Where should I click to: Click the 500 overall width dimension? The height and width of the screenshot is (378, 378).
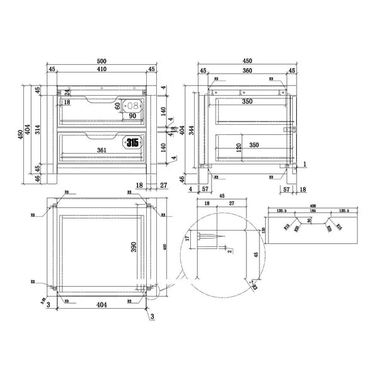pos(102,61)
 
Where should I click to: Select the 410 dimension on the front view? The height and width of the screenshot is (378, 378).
pos(102,69)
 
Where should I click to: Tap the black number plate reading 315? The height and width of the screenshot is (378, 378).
pos(132,143)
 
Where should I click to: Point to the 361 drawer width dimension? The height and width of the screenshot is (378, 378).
pos(102,150)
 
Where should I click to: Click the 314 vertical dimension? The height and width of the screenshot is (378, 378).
pos(37,130)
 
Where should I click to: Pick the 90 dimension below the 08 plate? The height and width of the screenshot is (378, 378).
pos(133,116)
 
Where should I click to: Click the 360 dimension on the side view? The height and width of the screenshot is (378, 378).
pos(248,71)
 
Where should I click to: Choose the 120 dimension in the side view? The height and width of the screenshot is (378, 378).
pos(240,147)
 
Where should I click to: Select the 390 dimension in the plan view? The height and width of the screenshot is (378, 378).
pos(134,247)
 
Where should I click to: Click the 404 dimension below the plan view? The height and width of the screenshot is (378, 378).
pos(102,304)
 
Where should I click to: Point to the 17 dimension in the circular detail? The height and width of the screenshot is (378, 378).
pos(187,239)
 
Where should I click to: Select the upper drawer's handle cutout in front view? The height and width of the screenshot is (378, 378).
pos(101,100)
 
